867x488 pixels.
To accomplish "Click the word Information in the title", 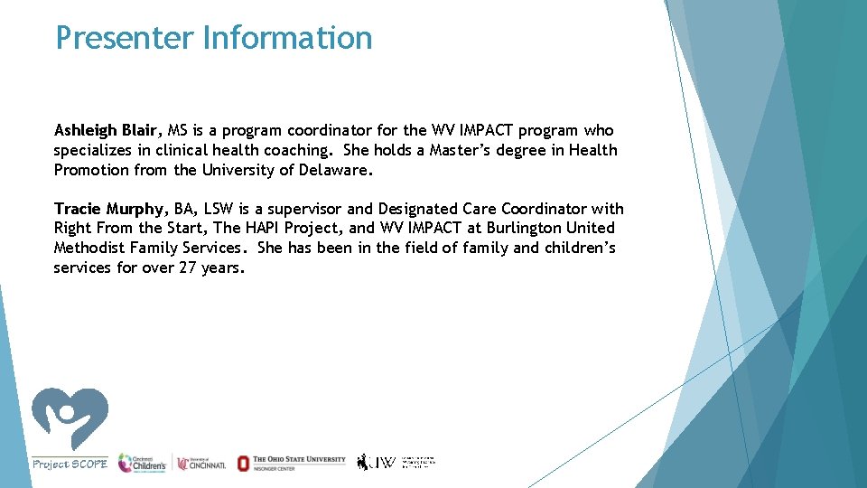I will point(287,38).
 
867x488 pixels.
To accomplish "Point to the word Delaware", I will point(335,170).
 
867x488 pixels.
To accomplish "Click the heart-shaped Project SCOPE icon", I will point(70,418).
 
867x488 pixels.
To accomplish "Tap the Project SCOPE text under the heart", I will point(70,464).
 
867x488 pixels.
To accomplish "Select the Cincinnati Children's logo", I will point(143,463).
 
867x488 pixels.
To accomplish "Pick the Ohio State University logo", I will point(291,463).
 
